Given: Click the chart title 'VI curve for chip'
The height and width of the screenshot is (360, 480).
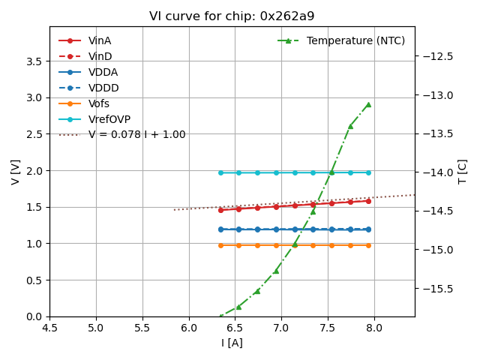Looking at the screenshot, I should [232, 16].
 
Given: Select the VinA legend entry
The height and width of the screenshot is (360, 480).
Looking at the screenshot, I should [100, 40].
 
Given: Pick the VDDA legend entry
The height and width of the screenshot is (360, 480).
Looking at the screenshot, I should [103, 72].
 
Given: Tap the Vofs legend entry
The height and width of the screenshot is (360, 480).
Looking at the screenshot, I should [99, 103].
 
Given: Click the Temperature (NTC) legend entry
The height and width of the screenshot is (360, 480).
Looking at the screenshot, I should [355, 40].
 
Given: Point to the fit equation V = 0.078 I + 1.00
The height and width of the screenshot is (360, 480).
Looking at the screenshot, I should [136, 135].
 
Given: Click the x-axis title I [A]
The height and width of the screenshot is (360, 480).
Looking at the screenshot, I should [232, 343].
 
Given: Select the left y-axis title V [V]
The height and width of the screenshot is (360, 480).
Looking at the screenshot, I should [16, 171].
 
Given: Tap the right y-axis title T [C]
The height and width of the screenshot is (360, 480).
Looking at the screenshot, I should [463, 171].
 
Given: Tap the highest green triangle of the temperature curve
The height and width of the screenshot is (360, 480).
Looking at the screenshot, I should [368, 104].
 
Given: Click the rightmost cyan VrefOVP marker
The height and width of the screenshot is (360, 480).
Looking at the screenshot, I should [368, 172].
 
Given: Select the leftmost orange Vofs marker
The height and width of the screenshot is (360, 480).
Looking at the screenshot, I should [220, 245].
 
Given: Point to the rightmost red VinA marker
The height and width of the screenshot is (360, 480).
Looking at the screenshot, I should [368, 200].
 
